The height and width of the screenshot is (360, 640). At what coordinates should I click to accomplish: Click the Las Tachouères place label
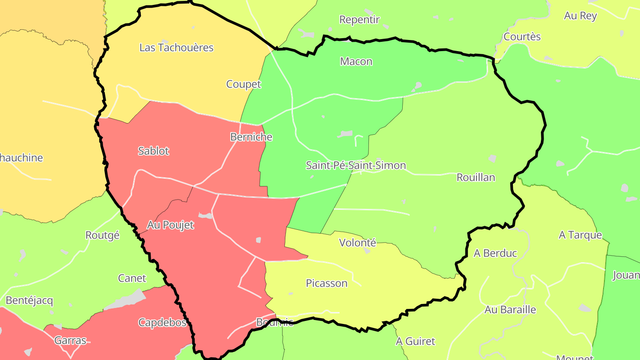tap(176, 48)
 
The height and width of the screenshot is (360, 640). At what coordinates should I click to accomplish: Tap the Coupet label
tap(244, 84)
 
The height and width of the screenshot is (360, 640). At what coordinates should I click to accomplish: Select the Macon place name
tap(356, 61)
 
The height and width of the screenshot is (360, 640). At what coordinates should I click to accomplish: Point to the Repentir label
tap(360, 20)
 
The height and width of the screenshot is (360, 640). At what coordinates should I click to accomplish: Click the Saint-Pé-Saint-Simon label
tap(356, 166)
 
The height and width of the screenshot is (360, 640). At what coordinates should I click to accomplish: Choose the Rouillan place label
tap(476, 177)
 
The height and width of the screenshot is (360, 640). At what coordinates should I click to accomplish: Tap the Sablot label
tap(153, 151)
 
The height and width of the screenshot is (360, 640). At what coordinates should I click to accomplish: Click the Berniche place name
tap(251, 137)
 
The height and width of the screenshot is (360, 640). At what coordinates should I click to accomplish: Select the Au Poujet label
tap(170, 225)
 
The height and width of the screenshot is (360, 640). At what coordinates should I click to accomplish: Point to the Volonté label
tap(357, 243)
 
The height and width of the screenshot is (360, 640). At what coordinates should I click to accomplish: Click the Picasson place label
tap(327, 283)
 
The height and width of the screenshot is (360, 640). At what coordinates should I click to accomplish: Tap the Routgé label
tap(102, 235)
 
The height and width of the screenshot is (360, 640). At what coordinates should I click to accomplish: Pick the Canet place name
tap(132, 278)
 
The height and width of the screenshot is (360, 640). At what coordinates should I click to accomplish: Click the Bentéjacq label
tap(29, 300)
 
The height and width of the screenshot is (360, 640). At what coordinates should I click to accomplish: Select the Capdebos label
tap(162, 322)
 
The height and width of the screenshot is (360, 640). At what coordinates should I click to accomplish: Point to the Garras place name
tap(70, 340)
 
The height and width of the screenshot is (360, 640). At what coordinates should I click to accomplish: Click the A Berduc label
tap(495, 253)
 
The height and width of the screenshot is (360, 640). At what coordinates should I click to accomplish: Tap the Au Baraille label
tap(510, 310)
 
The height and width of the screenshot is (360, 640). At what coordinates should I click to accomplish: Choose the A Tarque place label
tap(580, 235)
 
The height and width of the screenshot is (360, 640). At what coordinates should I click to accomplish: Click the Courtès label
tap(522, 36)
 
